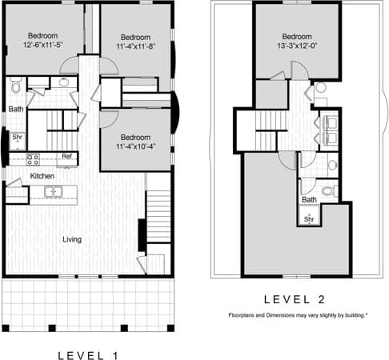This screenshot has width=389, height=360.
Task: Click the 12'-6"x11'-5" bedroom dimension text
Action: [x=42, y=46]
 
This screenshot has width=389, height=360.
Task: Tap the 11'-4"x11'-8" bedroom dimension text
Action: [x=135, y=47]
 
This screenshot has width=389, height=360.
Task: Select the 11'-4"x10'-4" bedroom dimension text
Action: [x=135, y=146]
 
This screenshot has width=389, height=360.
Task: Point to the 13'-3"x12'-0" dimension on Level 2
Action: [x=297, y=46]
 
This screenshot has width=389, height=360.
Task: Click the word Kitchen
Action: [x=42, y=175]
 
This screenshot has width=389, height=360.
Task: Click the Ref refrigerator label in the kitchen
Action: [x=67, y=156]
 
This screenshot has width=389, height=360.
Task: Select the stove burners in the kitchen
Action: [x=34, y=158]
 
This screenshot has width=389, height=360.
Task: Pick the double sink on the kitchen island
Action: [x=52, y=191]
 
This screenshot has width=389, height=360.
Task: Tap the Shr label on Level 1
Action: [x=17, y=137]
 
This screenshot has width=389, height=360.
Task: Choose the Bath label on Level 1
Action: [x=16, y=109]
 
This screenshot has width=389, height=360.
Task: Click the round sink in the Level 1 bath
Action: [x=63, y=82]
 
